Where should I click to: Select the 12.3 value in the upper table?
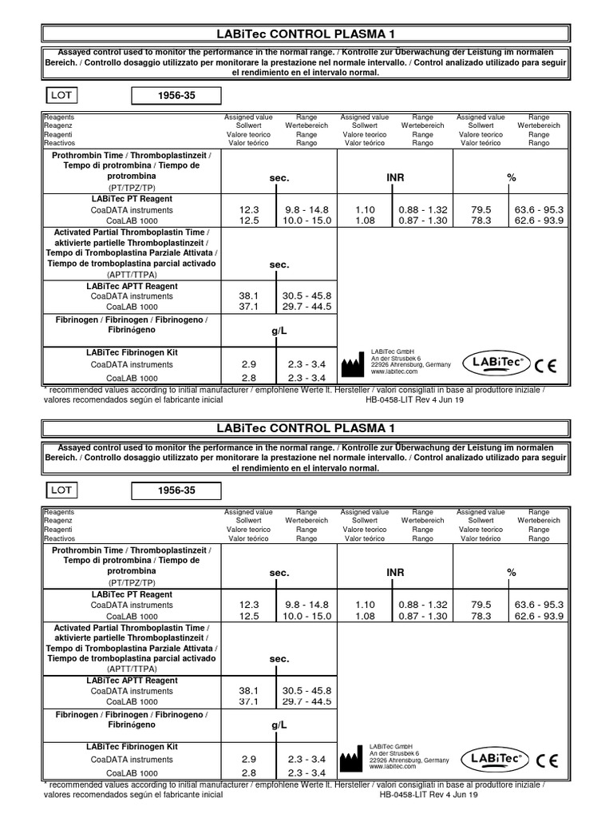[249, 209]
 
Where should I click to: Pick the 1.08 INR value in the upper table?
[365, 220]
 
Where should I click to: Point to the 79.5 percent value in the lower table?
[481, 605]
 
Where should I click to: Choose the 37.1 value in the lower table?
[249, 701]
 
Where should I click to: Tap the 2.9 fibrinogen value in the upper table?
[249, 364]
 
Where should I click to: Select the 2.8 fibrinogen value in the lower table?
[249, 773]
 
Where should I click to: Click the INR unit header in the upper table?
[396, 177]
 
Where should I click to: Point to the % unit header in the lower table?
[512, 572]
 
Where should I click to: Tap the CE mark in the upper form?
[546, 367]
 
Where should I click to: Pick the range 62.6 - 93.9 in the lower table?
[539, 616]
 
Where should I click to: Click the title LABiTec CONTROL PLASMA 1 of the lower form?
[306, 429]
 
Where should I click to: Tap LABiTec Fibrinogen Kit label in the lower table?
[132, 747]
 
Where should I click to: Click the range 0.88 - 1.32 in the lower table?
[423, 605]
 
